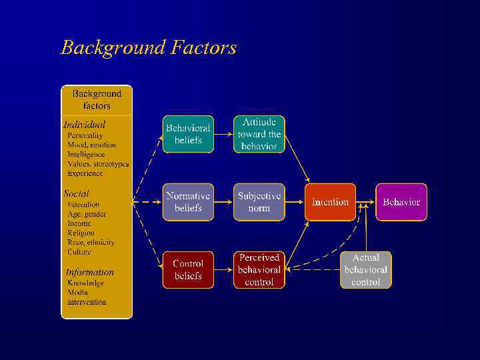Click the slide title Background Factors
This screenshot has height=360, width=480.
click(x=148, y=48)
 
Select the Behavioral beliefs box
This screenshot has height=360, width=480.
click(x=189, y=134)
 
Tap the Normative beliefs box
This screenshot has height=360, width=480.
click(x=189, y=202)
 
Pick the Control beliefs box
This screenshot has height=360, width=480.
click(x=189, y=270)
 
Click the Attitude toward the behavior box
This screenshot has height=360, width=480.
click(x=259, y=134)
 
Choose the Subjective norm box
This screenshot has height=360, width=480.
click(x=259, y=202)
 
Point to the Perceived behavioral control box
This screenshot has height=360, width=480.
click(x=259, y=270)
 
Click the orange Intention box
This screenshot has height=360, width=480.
click(x=330, y=202)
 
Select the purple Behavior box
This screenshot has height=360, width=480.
click(x=401, y=202)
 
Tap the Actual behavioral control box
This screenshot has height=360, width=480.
click(x=365, y=270)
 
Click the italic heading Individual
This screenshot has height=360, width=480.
click(x=84, y=125)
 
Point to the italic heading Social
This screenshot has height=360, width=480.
click(x=76, y=193)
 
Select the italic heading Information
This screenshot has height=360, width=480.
click(x=89, y=272)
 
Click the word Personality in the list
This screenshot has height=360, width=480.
click(x=85, y=135)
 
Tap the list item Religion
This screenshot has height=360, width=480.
click(x=81, y=233)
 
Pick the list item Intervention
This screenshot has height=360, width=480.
click(x=86, y=302)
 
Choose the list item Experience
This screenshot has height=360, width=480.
click(x=85, y=173)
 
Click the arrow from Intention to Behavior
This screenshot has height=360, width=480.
click(x=365, y=202)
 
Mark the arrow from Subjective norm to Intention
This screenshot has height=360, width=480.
click(x=295, y=202)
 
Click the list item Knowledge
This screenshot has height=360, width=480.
click(x=85, y=283)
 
